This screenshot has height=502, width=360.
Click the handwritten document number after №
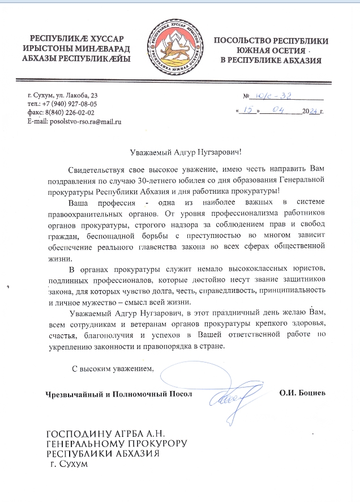pos(273,97)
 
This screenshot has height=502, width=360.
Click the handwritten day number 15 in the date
pos(246,110)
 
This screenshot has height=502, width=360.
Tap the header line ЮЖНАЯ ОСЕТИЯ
pos(270,50)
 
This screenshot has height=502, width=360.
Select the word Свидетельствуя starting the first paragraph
pos(95,170)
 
